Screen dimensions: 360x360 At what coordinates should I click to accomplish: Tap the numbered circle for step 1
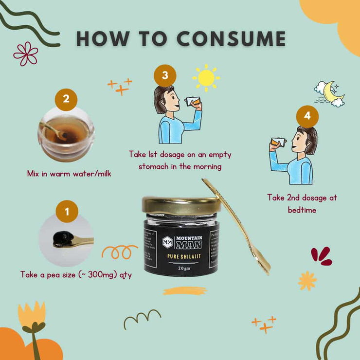tap(67, 212)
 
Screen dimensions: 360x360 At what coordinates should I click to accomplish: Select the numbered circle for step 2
tap(66, 100)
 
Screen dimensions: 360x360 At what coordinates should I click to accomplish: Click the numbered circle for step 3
tap(165, 76)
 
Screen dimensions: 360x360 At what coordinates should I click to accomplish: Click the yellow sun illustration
tap(206, 77)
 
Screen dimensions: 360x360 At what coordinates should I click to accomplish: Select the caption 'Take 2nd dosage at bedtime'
tap(302, 203)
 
